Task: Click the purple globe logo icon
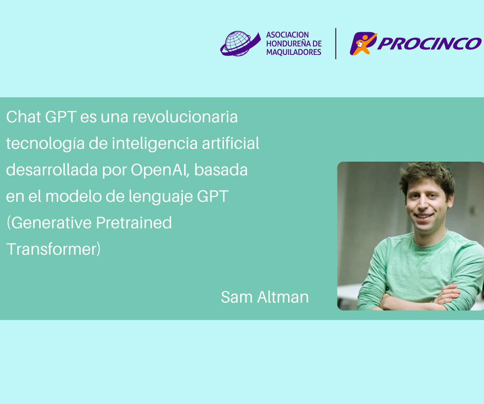(240, 44)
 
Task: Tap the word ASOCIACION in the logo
(288, 35)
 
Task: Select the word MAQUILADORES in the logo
(294, 52)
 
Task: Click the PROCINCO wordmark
(429, 44)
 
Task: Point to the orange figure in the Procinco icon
(363, 44)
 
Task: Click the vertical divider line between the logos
(336, 44)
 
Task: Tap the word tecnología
(45, 144)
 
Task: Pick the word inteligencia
(154, 144)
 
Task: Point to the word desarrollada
(52, 170)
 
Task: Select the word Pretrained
(134, 223)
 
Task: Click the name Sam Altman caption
(265, 297)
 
